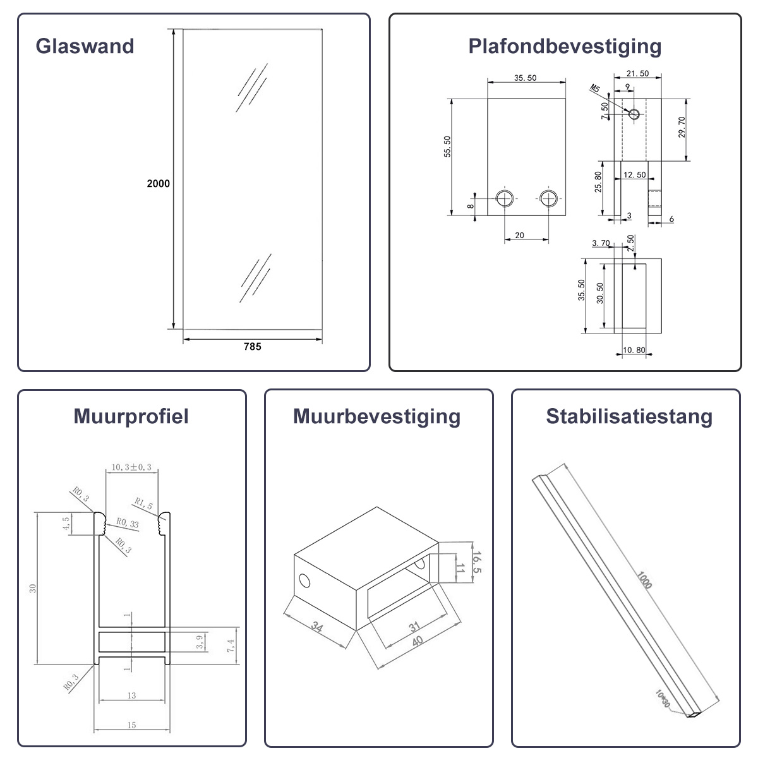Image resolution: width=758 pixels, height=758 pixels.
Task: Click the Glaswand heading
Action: [x=85, y=46]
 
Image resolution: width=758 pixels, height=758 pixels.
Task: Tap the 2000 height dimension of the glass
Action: [x=158, y=183]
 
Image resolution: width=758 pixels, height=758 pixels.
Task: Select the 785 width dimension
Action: [x=252, y=347]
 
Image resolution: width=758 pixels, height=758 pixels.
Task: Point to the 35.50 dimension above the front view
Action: [x=525, y=78]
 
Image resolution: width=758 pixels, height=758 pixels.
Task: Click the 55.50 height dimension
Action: [x=447, y=147]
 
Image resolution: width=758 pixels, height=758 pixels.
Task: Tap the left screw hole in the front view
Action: [x=505, y=198]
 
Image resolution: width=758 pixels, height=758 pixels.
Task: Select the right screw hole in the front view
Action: [x=548, y=198]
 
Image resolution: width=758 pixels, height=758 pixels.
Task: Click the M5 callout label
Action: [x=594, y=88]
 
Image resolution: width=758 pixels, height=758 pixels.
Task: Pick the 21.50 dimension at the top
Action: [x=637, y=73]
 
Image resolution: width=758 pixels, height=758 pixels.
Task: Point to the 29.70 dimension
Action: [x=682, y=127]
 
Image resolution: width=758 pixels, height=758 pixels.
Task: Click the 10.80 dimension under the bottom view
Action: [x=634, y=350]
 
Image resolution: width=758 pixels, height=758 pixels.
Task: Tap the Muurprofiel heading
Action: [x=131, y=417]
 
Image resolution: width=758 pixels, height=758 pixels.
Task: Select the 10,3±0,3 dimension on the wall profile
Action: [x=131, y=467]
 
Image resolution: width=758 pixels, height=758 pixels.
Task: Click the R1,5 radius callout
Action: [x=143, y=503]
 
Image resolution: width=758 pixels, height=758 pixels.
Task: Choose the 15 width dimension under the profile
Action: [x=132, y=725]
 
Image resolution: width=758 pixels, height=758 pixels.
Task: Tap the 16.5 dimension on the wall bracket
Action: [x=476, y=562]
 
